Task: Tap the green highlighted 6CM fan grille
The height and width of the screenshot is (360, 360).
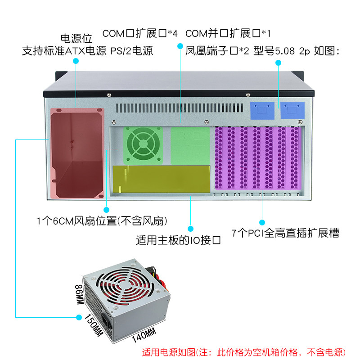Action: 143,144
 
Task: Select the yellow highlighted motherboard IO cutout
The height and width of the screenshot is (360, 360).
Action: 162,180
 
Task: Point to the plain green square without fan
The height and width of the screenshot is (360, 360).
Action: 191,144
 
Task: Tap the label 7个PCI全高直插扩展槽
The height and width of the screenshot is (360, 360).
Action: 285,233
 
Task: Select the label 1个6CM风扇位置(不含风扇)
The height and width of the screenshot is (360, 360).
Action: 103,221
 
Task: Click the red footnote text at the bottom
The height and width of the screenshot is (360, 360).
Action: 243,352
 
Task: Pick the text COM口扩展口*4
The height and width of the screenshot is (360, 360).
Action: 140,33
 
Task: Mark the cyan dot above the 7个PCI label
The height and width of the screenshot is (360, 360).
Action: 263,221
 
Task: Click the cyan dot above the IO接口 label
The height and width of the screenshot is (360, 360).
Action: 191,229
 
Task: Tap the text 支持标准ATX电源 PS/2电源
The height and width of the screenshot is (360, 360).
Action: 88,51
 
